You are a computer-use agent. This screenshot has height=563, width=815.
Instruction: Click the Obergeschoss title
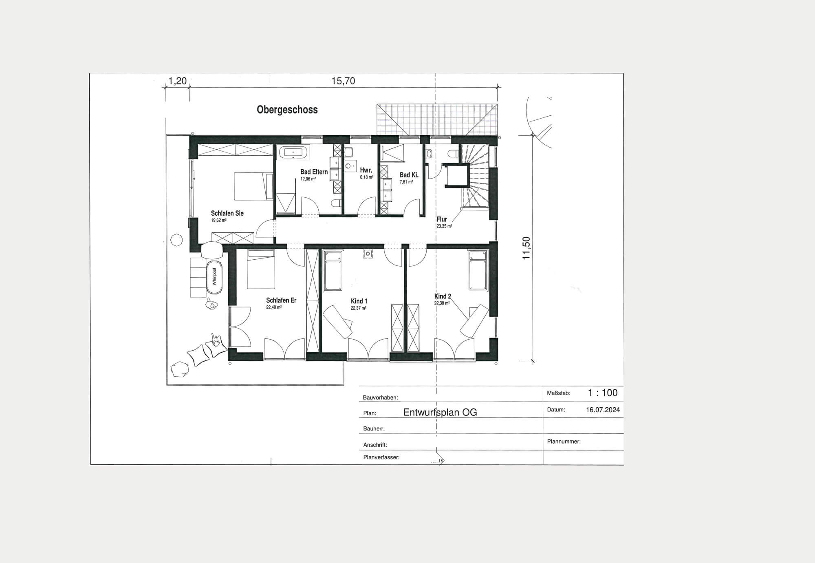[x=287, y=110]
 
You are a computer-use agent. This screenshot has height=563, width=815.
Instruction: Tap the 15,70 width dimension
[x=343, y=81]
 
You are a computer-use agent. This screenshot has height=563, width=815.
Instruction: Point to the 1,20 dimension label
[x=177, y=81]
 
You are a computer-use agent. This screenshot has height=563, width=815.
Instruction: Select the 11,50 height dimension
[x=526, y=248]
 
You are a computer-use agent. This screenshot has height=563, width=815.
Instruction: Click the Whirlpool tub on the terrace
[x=214, y=277]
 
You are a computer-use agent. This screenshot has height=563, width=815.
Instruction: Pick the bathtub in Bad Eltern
[x=293, y=152]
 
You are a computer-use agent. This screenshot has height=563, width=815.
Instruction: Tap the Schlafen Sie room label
[x=227, y=213]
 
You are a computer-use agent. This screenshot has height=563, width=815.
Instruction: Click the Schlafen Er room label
[x=281, y=300]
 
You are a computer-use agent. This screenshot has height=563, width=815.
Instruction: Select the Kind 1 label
[x=359, y=301]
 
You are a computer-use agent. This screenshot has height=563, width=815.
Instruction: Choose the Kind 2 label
[x=443, y=296]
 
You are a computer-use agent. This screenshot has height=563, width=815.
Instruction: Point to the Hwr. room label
[x=366, y=170]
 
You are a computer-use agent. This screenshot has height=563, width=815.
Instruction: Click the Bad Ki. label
[x=409, y=175]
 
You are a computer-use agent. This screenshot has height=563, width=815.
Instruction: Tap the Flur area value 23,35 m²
[x=444, y=226]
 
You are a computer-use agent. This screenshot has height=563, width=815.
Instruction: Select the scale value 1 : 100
[x=603, y=393]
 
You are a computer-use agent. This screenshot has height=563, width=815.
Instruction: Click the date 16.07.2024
[x=603, y=410]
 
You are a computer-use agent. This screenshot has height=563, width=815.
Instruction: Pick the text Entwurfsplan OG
[x=440, y=412]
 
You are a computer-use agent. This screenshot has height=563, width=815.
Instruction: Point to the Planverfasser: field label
[x=381, y=457]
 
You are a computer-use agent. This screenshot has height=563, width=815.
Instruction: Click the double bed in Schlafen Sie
[x=253, y=186]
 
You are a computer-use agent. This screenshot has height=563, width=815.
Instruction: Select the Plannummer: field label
[x=564, y=442]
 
